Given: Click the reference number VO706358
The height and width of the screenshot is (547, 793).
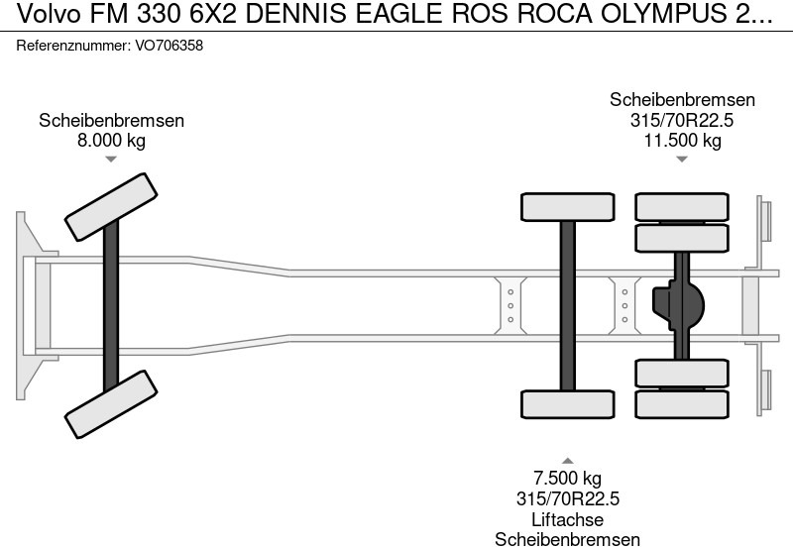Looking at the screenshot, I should (169, 46).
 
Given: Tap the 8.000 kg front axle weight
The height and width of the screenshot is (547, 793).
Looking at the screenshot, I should (111, 140).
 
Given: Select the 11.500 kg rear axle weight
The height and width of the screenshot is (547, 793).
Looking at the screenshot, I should (682, 140).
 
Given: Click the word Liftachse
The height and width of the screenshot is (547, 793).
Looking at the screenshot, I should (567, 519).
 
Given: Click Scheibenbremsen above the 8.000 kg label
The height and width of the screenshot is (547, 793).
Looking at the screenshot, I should (111, 120).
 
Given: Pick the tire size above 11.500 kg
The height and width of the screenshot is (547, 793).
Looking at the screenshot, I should (682, 120).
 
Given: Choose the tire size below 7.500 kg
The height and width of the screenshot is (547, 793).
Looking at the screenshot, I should (567, 499).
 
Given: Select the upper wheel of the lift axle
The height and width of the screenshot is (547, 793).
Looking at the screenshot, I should (567, 206).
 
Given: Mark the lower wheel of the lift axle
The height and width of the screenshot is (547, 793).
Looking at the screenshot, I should (567, 404).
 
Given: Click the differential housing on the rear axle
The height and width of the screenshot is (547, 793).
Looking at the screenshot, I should (678, 304).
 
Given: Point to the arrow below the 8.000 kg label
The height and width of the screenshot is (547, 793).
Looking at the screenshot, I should (111, 159).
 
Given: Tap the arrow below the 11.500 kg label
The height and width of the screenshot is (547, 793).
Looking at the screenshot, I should (682, 159).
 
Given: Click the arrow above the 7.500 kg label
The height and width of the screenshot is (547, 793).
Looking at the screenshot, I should (567, 461).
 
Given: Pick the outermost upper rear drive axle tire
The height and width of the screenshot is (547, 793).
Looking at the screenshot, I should (682, 206).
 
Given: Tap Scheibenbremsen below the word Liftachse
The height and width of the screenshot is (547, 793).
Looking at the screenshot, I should (567, 539).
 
